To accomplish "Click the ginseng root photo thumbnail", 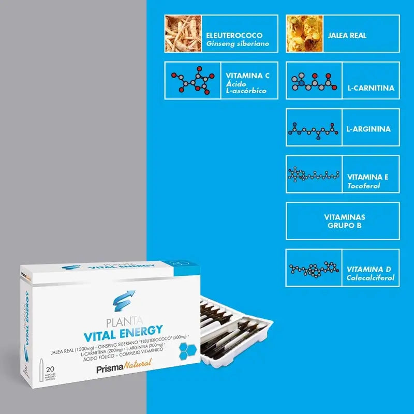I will [183, 34].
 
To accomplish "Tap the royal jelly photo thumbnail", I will [305, 34].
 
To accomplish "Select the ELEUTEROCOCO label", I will [234, 35].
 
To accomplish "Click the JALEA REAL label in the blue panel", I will [347, 36].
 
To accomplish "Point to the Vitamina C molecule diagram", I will [192, 81].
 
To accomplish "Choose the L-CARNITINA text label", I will [371, 88].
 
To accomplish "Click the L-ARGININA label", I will [368, 129].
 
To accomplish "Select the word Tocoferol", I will [364, 186].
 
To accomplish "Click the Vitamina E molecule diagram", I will [314, 174].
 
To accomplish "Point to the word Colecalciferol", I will [371, 278].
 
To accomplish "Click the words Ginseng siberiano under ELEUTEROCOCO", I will [238, 44].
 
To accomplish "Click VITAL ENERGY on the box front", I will [121, 330].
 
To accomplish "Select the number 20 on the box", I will [51, 369].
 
